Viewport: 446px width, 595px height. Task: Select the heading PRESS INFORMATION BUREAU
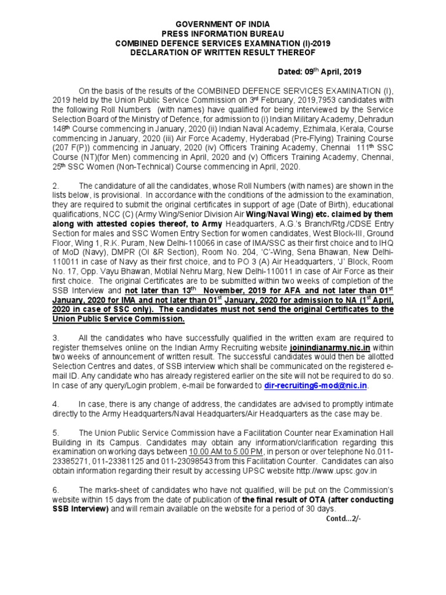[x=222, y=35]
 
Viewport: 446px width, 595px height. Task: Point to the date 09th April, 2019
[x=336, y=71]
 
